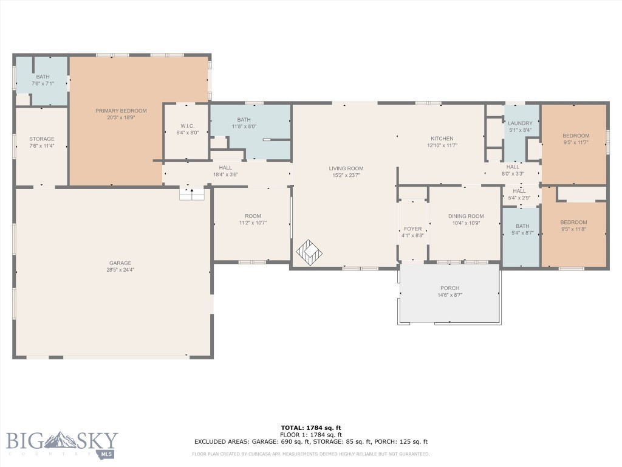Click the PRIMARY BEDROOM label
click(121, 111)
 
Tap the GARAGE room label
click(120, 263)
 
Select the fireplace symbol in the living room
click(309, 252)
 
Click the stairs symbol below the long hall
click(192, 194)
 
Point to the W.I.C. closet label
click(187, 126)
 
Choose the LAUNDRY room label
click(520, 123)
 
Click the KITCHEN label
click(442, 139)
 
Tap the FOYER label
click(412, 229)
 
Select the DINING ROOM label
click(466, 216)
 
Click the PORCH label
click(450, 288)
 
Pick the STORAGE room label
click(42, 139)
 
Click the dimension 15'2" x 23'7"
click(346, 175)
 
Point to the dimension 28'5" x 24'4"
click(120, 269)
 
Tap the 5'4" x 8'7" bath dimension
click(522, 233)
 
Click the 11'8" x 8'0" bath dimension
click(244, 126)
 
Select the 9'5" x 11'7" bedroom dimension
click(576, 142)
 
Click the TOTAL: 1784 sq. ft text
click(310, 427)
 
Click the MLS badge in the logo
click(106, 454)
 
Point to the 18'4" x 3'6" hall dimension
click(225, 175)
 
